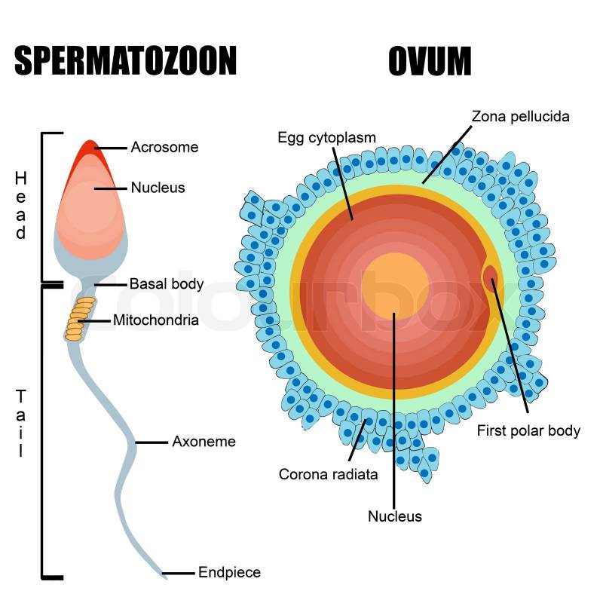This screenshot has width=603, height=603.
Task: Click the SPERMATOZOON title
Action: [x=125, y=60]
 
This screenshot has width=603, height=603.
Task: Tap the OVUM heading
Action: [x=430, y=60]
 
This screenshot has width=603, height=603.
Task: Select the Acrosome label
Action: [x=164, y=147]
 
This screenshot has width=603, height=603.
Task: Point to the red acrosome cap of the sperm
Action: [x=91, y=152]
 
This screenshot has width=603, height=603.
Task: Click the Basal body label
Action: [x=167, y=284]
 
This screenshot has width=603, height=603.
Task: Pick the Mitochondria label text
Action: [x=156, y=320]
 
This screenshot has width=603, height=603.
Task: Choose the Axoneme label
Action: [x=204, y=442]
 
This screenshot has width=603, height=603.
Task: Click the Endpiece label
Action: [x=229, y=572]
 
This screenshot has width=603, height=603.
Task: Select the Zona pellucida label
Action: [x=520, y=116]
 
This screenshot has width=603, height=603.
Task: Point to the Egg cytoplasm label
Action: [x=326, y=137]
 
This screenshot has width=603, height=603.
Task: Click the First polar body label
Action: [x=528, y=430]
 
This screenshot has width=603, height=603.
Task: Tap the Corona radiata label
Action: [x=328, y=474]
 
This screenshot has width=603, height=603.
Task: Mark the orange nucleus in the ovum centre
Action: [x=394, y=286]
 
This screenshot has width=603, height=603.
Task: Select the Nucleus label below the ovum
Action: [x=395, y=516]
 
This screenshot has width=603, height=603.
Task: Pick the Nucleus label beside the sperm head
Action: [x=158, y=188]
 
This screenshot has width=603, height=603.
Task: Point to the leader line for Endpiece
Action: [x=178, y=573]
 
